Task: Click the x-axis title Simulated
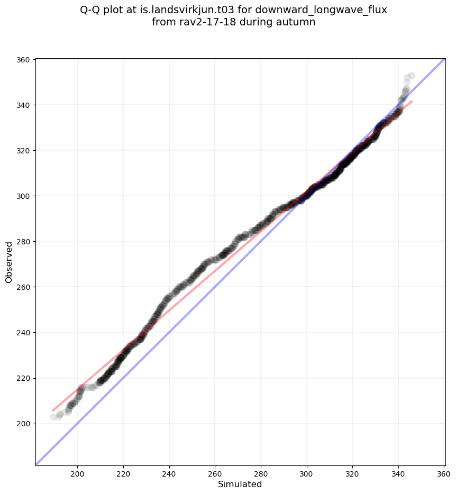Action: [x=240, y=484]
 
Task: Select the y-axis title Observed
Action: [x=9, y=262]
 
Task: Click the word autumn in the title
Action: [x=299, y=22]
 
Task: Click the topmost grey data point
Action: [x=412, y=76]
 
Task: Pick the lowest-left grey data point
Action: [x=53, y=417]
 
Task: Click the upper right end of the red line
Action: [x=412, y=101]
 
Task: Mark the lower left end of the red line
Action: [x=53, y=410]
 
